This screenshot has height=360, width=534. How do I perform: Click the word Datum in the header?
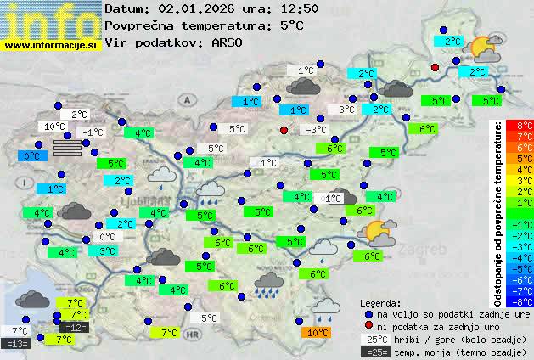[x=125, y=8]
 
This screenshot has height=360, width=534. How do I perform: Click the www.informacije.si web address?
[x=51, y=44]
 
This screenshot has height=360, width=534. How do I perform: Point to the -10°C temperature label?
[x=53, y=127]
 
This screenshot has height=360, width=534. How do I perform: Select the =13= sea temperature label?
[x=16, y=344]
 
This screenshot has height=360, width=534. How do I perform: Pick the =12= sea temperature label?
[x=74, y=327]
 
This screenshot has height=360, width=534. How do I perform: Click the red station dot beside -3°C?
[x=284, y=130]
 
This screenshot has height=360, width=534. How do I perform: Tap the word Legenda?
[x=380, y=302]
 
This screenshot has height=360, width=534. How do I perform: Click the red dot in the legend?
[x=368, y=326]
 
